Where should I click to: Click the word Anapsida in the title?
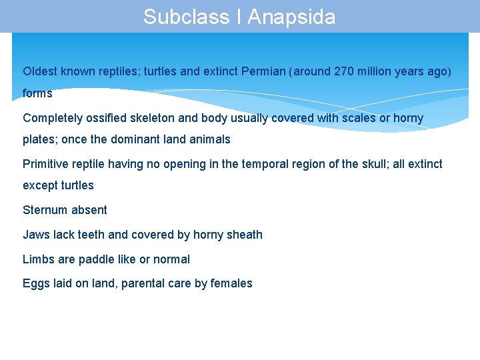(x=291, y=17)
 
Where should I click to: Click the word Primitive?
(x=46, y=164)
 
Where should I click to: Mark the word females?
(x=231, y=283)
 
